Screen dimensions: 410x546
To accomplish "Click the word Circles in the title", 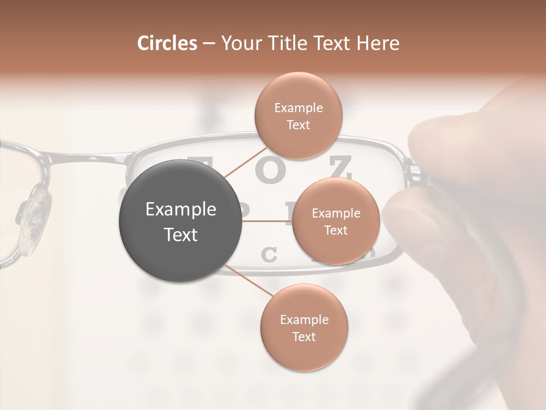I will pyautogui.click(x=167, y=43).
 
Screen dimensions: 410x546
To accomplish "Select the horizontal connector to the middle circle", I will pyautogui.click(x=267, y=221).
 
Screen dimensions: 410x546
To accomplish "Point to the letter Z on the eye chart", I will pyautogui.click(x=340, y=167).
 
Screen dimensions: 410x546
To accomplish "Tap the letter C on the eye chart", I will pyautogui.click(x=268, y=255).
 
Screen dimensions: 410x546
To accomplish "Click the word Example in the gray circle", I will pyautogui.click(x=181, y=210).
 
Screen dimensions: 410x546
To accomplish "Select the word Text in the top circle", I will pyautogui.click(x=298, y=125).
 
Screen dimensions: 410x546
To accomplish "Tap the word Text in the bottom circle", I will pyautogui.click(x=304, y=337).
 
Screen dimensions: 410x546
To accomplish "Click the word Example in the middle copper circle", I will pyautogui.click(x=336, y=214).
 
